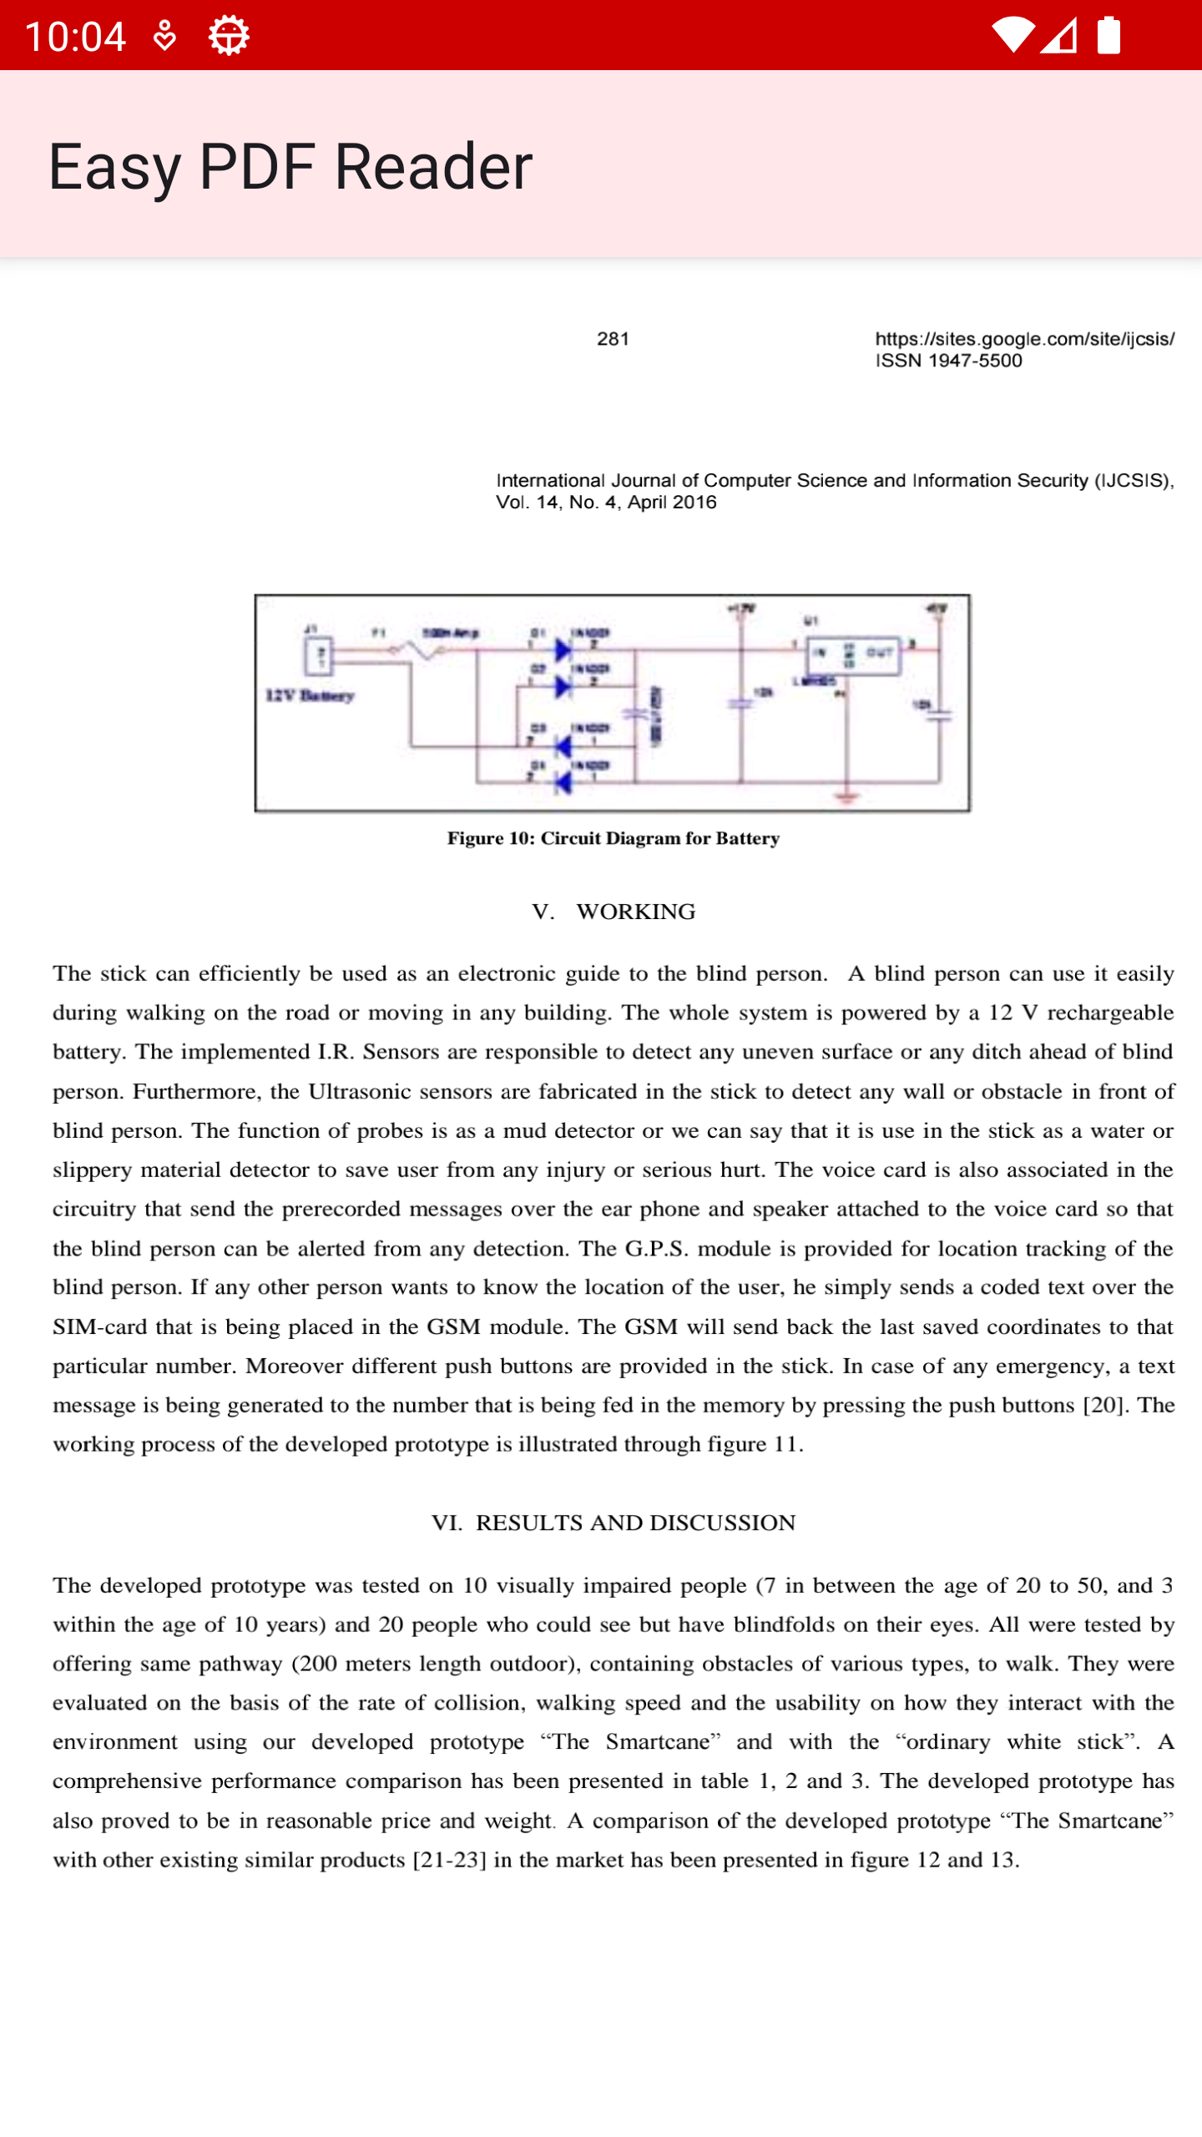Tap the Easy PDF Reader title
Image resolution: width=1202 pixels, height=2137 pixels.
(290, 166)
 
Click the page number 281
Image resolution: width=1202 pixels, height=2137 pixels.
(613, 339)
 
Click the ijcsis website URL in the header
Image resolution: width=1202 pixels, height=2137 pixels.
(1024, 339)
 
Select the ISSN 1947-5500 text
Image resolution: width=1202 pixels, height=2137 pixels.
(948, 361)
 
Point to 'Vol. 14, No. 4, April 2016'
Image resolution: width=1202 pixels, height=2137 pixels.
(606, 503)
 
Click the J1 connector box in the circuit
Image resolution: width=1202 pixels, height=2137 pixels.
(318, 655)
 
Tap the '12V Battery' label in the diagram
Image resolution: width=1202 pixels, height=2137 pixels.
(310, 695)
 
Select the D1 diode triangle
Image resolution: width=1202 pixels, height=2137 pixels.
(563, 649)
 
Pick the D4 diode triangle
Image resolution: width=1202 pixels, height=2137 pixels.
(563, 782)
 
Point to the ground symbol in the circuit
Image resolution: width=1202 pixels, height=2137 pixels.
(846, 798)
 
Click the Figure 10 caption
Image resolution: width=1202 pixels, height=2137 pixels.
(613, 838)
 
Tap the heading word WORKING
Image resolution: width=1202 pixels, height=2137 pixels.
(635, 912)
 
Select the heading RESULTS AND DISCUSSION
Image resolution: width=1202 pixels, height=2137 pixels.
(635, 1523)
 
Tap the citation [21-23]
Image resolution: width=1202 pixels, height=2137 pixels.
(449, 1860)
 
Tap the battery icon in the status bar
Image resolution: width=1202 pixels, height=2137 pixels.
(1109, 35)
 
